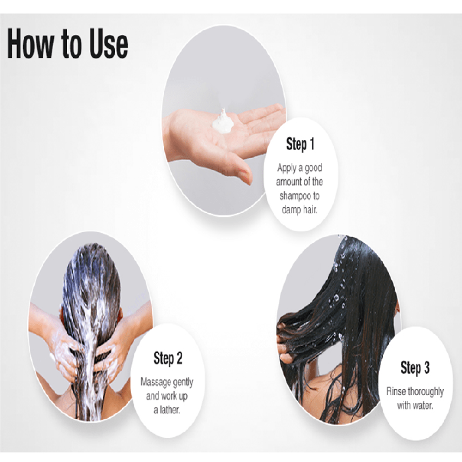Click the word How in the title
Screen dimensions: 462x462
coord(30,43)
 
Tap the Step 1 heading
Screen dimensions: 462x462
coord(300,144)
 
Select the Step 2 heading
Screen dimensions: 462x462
coord(168,359)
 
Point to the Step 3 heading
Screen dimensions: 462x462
coord(415,368)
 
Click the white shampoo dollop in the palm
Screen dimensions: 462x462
coord(223,122)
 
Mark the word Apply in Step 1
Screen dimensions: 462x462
coord(287,169)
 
